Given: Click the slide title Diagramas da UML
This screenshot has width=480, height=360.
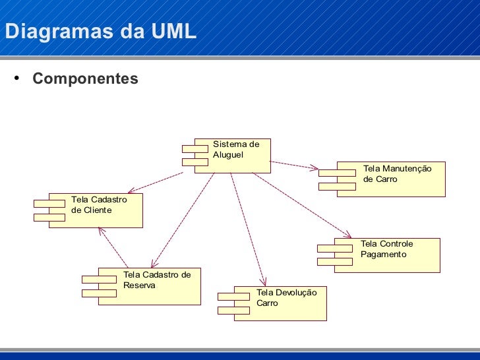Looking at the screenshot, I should click(x=100, y=31).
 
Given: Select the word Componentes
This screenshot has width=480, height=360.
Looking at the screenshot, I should click(x=85, y=79).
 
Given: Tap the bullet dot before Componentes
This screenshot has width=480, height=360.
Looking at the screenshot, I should click(x=17, y=79).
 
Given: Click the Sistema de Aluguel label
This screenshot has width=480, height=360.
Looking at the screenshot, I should click(x=236, y=149).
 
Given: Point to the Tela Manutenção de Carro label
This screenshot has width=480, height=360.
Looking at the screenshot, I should click(x=397, y=174).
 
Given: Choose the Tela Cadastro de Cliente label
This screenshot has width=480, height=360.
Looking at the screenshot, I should click(x=98, y=204).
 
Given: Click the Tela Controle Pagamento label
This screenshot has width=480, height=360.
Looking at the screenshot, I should click(x=386, y=249).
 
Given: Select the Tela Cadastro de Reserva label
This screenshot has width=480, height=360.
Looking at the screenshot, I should click(x=156, y=280).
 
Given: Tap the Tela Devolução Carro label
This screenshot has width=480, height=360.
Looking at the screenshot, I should click(x=286, y=297).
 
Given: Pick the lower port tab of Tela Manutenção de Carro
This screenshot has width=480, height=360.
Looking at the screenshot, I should click(x=337, y=187).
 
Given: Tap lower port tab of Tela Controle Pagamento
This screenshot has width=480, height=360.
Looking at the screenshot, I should click(x=335, y=262).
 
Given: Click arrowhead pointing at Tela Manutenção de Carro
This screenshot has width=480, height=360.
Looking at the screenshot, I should click(x=316, y=167).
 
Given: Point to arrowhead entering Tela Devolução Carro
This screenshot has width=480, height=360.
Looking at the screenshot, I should click(x=263, y=282).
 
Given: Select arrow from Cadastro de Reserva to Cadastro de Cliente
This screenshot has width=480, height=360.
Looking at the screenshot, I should click(x=113, y=247).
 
